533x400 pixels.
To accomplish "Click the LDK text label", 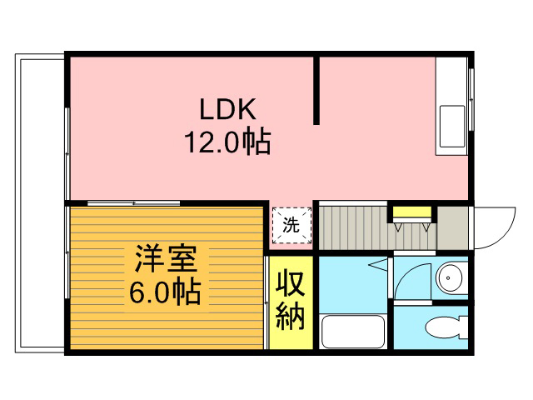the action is (x=227, y=109).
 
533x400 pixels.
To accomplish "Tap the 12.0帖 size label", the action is (x=227, y=141).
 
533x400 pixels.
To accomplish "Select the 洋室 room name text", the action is (x=166, y=259).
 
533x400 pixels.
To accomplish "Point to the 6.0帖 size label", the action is (x=165, y=292).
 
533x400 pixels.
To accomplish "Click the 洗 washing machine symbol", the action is (x=292, y=225).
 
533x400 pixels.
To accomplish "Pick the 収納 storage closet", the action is (x=291, y=302).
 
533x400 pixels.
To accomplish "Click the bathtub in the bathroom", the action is (x=353, y=332).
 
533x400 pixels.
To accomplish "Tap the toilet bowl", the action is (x=446, y=327).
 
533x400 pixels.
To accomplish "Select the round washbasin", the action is (x=449, y=277).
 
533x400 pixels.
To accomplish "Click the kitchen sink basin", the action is (x=452, y=127).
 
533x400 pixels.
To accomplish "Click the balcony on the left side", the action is (x=40, y=203).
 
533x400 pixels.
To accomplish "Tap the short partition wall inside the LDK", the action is (x=316, y=90).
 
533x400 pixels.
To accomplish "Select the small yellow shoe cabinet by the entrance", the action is (x=412, y=212).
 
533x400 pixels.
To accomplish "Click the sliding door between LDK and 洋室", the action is (x=133, y=203).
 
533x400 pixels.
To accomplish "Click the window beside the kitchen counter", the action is (x=471, y=99).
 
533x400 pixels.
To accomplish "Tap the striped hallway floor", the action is (x=377, y=227).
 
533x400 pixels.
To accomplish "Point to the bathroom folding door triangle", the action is (x=379, y=264).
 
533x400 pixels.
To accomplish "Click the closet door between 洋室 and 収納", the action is (x=266, y=302).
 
